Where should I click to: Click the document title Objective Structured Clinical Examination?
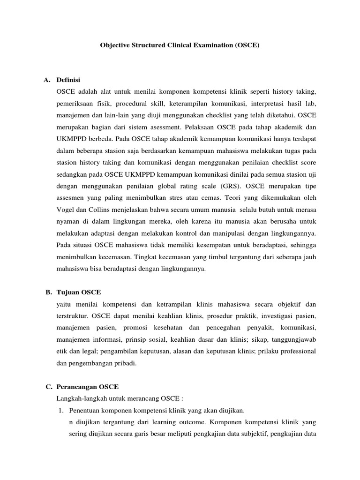(180, 46)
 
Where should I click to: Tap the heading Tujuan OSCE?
(78, 292)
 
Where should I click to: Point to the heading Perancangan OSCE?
(88, 387)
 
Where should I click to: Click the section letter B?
(48, 292)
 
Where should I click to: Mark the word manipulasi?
(222, 245)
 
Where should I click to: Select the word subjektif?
(251, 434)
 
